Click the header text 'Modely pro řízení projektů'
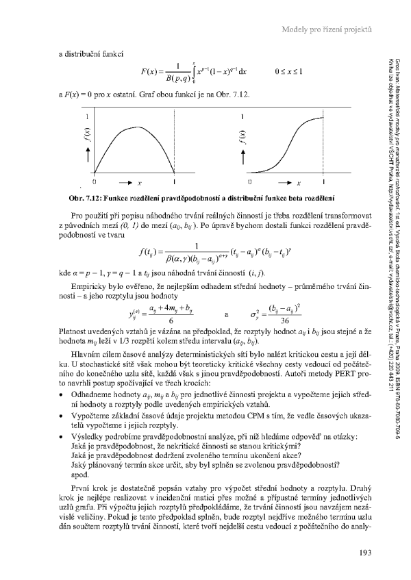(x=325, y=29)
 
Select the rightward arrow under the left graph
(x=127, y=183)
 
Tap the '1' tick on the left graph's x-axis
(x=175, y=183)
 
